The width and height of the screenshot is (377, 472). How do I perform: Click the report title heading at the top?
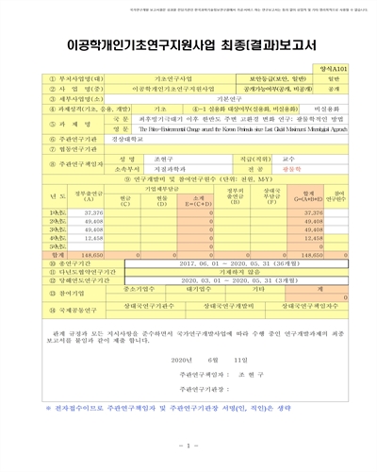pos(188,43)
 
